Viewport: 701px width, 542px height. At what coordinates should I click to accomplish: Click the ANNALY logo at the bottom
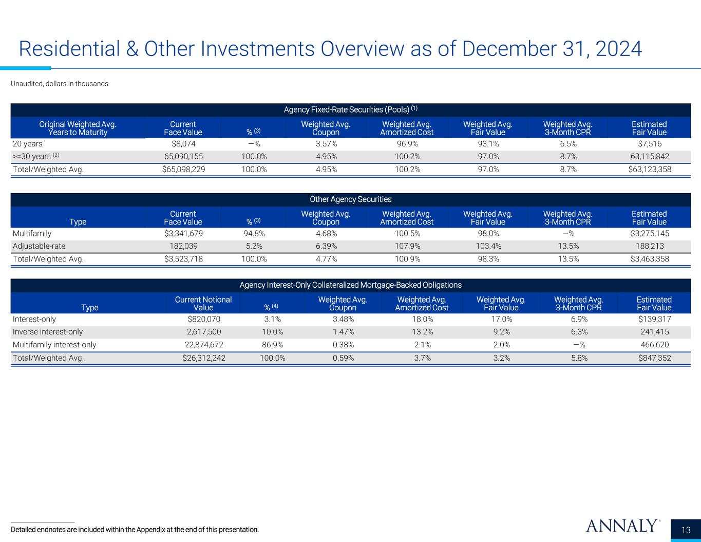[x=621, y=526]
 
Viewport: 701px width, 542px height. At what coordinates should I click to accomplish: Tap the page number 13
[x=686, y=530]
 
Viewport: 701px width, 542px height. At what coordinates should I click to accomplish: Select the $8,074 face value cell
[x=183, y=144]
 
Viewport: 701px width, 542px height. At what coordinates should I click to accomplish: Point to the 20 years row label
[x=28, y=144]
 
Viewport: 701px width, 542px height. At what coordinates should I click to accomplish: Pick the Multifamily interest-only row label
[x=54, y=345]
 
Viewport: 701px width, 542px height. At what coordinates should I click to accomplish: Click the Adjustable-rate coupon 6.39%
[x=326, y=246]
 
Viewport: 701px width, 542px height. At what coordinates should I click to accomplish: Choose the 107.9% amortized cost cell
[x=407, y=246]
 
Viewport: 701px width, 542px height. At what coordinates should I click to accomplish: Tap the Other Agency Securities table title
[x=350, y=199]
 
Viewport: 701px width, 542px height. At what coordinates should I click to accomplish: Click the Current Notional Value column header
[x=203, y=303]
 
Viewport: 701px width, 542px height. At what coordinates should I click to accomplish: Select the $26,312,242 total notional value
[x=204, y=358]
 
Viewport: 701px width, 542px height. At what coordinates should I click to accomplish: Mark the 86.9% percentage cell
[x=273, y=345]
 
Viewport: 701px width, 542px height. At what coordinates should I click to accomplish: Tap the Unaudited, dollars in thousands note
[x=60, y=84]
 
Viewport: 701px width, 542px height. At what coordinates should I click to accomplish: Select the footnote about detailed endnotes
[x=135, y=529]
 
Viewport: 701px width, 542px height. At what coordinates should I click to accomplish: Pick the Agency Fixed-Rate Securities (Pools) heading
[x=350, y=109]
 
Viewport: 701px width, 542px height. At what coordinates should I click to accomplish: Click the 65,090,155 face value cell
[x=183, y=157]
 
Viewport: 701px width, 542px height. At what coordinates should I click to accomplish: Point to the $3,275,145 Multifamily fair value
[x=650, y=234]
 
